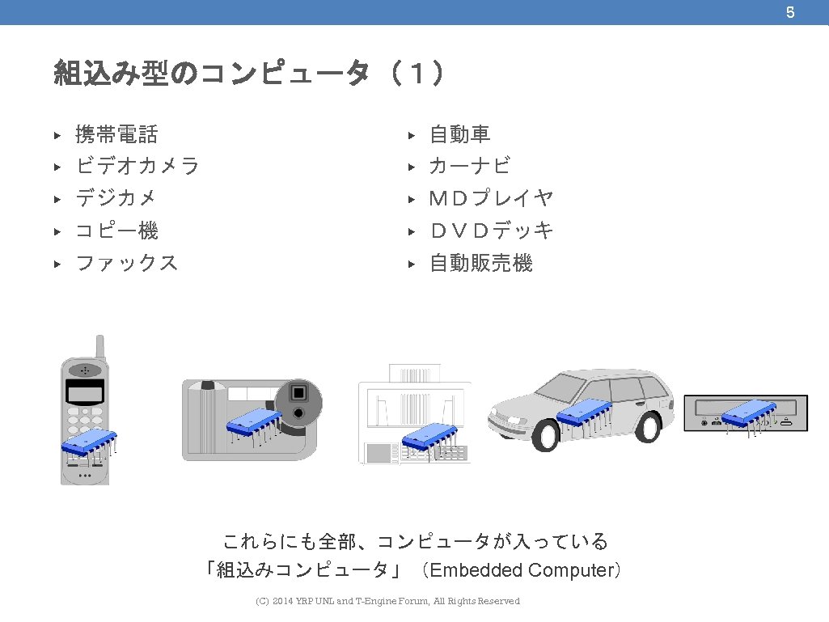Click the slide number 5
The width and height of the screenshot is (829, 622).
(x=790, y=12)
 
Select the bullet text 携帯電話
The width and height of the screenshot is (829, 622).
(x=116, y=134)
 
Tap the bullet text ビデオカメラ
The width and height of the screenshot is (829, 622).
(x=137, y=167)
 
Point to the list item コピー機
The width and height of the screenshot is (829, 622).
(x=116, y=231)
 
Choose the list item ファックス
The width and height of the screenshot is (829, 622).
(x=126, y=264)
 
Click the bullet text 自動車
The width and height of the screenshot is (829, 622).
(x=459, y=134)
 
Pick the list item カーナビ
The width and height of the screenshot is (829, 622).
(x=470, y=167)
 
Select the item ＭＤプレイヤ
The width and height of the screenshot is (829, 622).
(x=491, y=199)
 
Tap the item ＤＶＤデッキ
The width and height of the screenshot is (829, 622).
(x=491, y=231)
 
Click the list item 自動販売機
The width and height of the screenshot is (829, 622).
(x=480, y=264)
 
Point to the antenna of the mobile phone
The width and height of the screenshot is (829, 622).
(x=100, y=347)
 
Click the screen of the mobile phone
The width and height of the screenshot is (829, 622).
(x=85, y=394)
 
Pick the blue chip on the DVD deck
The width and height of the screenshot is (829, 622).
(x=748, y=413)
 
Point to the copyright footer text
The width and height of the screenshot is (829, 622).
(x=387, y=601)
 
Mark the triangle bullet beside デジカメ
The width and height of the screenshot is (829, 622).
(x=57, y=199)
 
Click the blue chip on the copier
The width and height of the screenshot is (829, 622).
(x=429, y=438)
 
